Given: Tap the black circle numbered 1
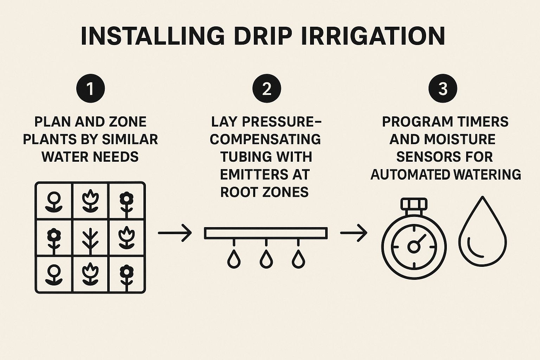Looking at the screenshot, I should click(90, 88).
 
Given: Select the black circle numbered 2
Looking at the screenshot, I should click(267, 88).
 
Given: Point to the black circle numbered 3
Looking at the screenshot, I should click(443, 88).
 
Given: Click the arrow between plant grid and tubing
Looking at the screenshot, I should click(175, 233).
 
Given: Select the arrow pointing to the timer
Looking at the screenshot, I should click(354, 233).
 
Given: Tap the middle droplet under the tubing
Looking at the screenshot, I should click(266, 259).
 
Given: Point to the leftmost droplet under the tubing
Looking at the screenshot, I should click(234, 259).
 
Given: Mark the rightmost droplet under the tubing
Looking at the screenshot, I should click(298, 259).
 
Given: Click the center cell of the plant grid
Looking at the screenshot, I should click(90, 238).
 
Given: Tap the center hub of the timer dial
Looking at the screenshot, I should click(414, 247).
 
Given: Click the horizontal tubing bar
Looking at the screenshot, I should click(266, 233).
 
